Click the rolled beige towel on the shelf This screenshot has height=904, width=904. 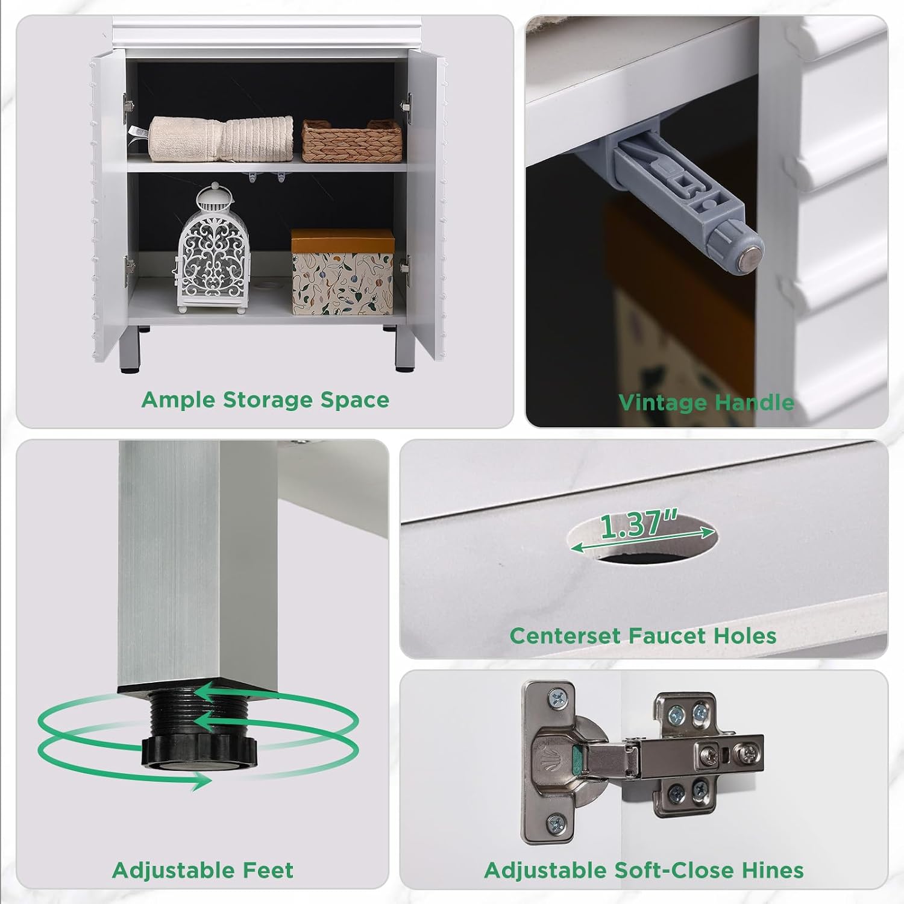click(x=221, y=139)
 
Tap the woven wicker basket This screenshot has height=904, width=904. click(x=352, y=141)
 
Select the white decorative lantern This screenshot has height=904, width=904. click(x=213, y=248)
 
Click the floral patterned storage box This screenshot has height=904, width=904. click(x=342, y=272)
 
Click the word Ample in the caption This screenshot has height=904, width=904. click(x=178, y=401)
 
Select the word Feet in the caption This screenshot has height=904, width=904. click(x=268, y=870)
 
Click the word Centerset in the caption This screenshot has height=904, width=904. click(x=565, y=636)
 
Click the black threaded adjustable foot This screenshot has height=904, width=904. click(x=198, y=729)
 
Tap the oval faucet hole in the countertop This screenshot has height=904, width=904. click(x=642, y=539)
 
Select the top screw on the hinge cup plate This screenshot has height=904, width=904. click(x=558, y=699)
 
